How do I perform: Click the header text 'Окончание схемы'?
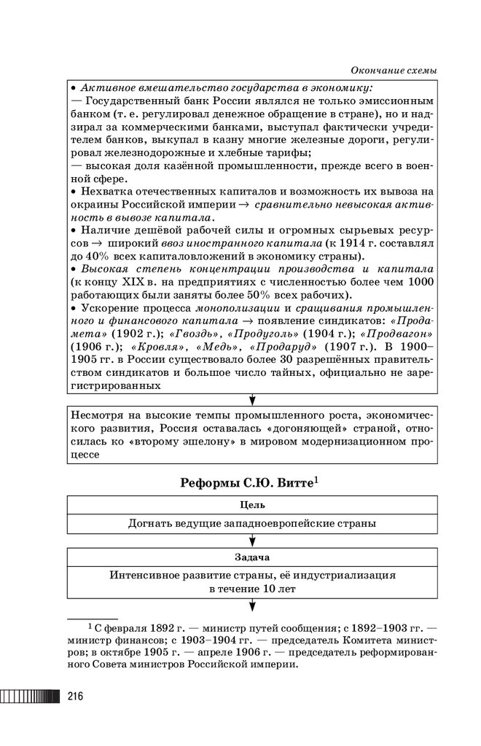[x=394, y=71]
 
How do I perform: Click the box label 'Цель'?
[x=252, y=504]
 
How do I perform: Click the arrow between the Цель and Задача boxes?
[x=252, y=540]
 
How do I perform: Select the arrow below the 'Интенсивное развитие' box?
[x=252, y=604]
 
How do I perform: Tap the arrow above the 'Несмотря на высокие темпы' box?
[x=252, y=399]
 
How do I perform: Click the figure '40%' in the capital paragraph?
[x=98, y=257]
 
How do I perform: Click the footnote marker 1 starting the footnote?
[x=90, y=625]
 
